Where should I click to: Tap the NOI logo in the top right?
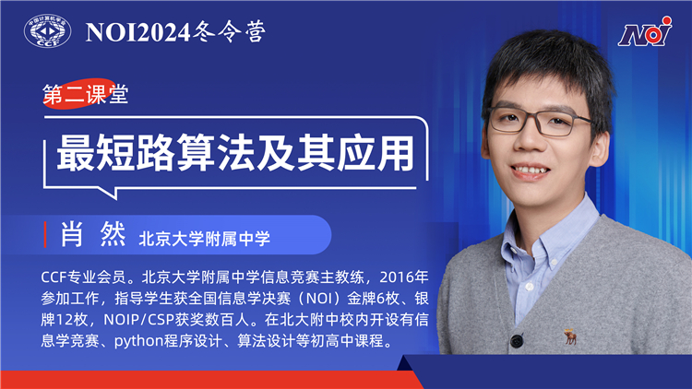coord(644,34)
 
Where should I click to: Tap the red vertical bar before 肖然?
coord(46,236)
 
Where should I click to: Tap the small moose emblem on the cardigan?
coord(571,336)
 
